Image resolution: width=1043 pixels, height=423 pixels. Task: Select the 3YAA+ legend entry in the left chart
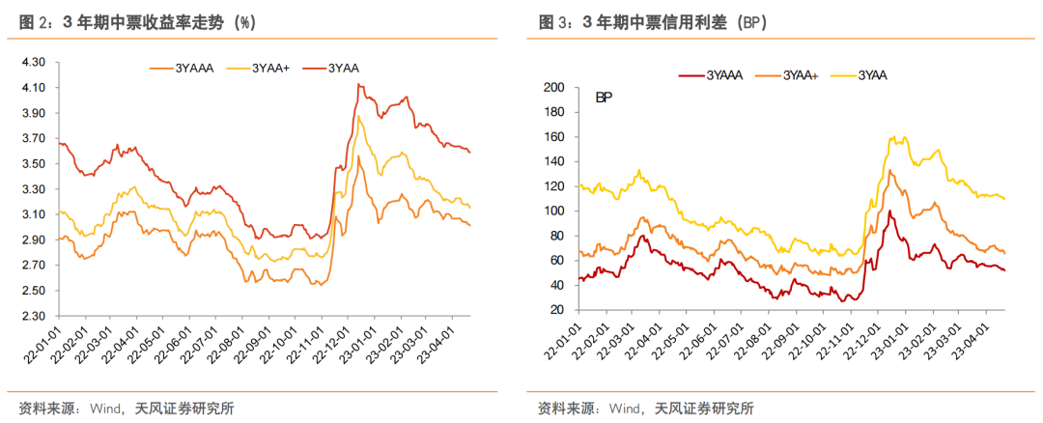(271, 68)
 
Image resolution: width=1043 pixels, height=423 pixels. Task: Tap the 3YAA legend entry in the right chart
(872, 74)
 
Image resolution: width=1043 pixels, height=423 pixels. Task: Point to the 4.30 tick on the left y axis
(33, 62)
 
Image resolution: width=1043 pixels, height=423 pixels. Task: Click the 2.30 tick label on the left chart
(33, 316)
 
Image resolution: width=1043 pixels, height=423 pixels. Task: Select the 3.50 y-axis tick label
(33, 163)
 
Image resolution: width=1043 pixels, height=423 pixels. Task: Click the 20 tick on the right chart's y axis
(557, 310)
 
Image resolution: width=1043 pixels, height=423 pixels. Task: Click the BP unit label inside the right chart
(604, 98)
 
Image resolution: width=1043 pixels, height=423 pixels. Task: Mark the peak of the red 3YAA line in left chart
(359, 85)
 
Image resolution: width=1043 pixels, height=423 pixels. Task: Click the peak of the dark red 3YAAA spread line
(889, 211)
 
